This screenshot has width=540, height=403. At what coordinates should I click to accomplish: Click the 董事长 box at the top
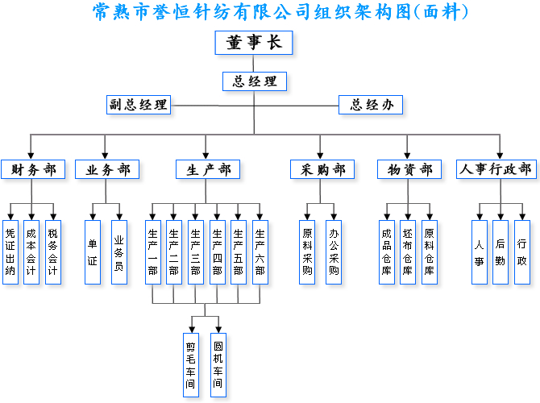click(x=254, y=43)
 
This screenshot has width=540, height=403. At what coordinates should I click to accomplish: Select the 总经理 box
click(x=254, y=81)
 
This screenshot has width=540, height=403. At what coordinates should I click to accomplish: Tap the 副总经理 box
click(x=139, y=105)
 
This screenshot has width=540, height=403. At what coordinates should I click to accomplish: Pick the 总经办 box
click(x=371, y=105)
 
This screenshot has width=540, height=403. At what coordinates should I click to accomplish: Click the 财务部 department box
click(x=33, y=169)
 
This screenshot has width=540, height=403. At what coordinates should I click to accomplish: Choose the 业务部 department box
click(x=107, y=169)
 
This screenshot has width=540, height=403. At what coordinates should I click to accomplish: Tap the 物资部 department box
click(x=409, y=169)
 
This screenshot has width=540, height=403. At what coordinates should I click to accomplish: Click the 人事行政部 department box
click(x=496, y=169)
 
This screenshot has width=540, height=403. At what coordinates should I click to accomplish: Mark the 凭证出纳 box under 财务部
click(x=10, y=251)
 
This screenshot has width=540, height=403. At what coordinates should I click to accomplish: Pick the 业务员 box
click(x=118, y=251)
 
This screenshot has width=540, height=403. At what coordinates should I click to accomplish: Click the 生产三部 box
click(x=195, y=251)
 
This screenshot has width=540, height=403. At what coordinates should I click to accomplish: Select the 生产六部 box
click(x=260, y=251)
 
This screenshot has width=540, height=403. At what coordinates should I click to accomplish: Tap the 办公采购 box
click(x=334, y=251)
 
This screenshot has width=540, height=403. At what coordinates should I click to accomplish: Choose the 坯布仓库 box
click(x=408, y=251)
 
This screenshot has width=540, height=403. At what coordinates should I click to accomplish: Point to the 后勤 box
click(x=501, y=251)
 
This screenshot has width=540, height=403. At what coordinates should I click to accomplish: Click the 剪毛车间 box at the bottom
click(x=191, y=365)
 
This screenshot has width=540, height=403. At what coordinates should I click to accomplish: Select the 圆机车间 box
click(x=218, y=365)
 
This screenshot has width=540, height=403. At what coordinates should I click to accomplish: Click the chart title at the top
click(x=281, y=12)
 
